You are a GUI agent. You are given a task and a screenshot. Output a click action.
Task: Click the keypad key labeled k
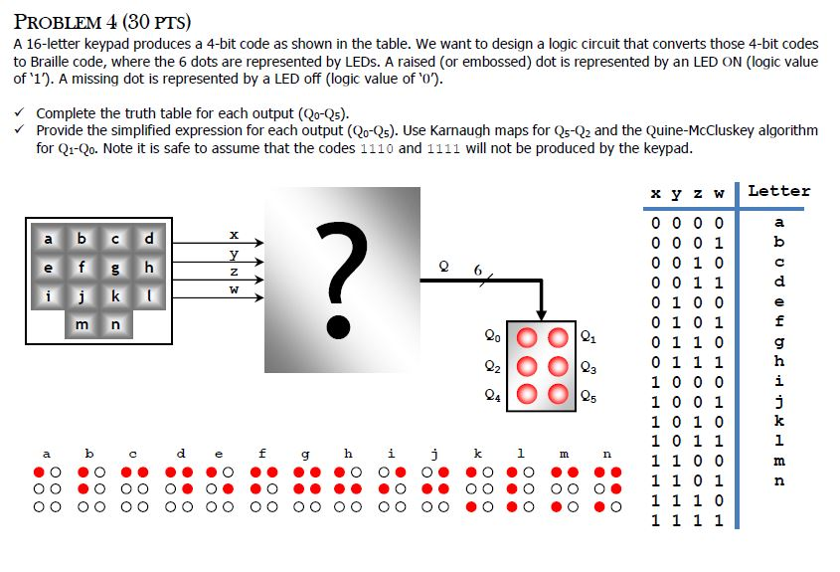click(x=115, y=295)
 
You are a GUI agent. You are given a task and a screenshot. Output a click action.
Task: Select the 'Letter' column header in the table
click(x=778, y=191)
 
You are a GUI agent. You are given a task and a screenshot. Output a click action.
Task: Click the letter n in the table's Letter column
click(x=778, y=480)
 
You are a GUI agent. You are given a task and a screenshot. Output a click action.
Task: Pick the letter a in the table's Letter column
click(x=778, y=222)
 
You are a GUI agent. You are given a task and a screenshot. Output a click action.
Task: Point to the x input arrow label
click(x=234, y=234)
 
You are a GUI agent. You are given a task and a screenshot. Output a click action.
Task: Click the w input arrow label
click(x=234, y=290)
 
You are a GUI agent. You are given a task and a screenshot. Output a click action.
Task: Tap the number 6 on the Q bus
click(x=478, y=270)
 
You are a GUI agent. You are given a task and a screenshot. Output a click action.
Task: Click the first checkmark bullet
click(x=20, y=113)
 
